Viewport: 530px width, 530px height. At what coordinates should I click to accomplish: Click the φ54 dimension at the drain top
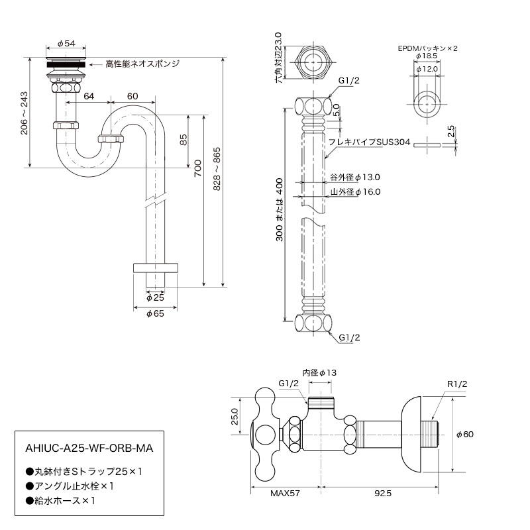pyautogui.click(x=66, y=43)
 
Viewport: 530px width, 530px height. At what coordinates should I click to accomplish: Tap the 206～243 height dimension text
pyautogui.click(x=24, y=113)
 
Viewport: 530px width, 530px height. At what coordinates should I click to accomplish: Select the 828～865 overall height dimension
pyautogui.click(x=217, y=169)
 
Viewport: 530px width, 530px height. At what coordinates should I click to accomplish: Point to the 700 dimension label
pyautogui.click(x=197, y=168)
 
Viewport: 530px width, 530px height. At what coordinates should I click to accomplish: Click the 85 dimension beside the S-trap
pyautogui.click(x=183, y=140)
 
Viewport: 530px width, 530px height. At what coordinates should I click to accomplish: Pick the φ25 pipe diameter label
pyautogui.click(x=155, y=297)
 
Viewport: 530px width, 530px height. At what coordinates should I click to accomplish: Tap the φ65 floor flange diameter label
pyautogui.click(x=155, y=313)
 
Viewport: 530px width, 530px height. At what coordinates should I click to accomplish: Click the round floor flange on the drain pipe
pyautogui.click(x=156, y=268)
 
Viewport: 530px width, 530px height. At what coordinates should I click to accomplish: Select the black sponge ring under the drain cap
pyautogui.click(x=66, y=64)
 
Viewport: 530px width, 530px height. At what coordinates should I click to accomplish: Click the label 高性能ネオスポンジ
pyautogui.click(x=142, y=64)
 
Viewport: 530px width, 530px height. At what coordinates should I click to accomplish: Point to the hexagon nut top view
pyautogui.click(x=313, y=62)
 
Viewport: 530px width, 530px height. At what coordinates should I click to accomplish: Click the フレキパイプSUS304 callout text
pyautogui.click(x=370, y=142)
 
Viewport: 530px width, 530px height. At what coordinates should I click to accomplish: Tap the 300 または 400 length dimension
pyautogui.click(x=280, y=209)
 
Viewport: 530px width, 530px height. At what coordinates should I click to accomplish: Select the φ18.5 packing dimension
pyautogui.click(x=427, y=56)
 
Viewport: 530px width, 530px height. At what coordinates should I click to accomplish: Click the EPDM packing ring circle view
pyautogui.click(x=427, y=104)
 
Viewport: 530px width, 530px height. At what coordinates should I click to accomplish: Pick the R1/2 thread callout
pyautogui.click(x=457, y=384)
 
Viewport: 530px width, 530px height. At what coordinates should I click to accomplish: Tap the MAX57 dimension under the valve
pyautogui.click(x=285, y=493)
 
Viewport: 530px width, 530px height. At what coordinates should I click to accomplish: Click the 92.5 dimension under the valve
pyautogui.click(x=383, y=493)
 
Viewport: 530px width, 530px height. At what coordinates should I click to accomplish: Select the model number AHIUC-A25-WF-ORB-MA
pyautogui.click(x=89, y=449)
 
